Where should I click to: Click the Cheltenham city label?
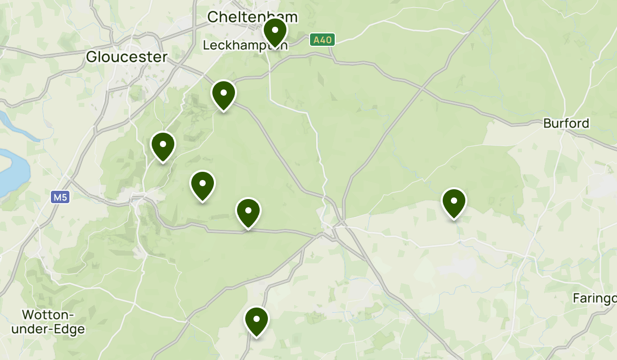click(252, 17)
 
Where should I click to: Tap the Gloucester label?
click(126, 57)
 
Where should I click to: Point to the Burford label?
click(566, 124)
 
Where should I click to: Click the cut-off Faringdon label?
click(595, 298)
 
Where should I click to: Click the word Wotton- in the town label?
click(48, 315)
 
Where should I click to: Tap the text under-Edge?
click(53, 329)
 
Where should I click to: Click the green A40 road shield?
click(322, 40)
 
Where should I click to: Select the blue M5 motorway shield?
click(60, 197)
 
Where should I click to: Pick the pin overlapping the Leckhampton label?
click(275, 32)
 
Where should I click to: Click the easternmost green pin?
click(453, 203)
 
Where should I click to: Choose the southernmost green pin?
click(256, 321)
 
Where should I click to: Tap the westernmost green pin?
click(162, 146)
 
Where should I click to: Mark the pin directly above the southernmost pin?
click(248, 212)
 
